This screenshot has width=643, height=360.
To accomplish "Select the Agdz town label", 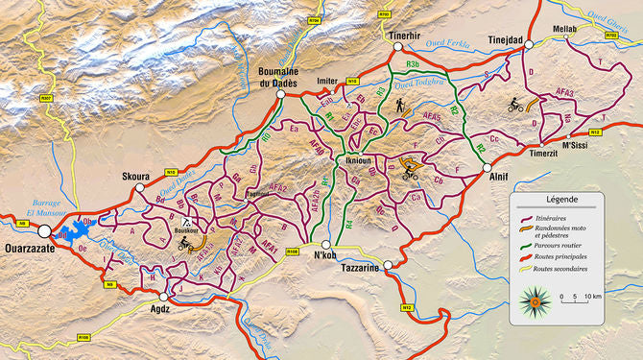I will pyautogui.click(x=164, y=311).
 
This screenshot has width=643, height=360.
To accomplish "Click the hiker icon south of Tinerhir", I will pyautogui.click(x=399, y=108).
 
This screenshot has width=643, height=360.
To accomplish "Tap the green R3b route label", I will pyautogui.click(x=413, y=63).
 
